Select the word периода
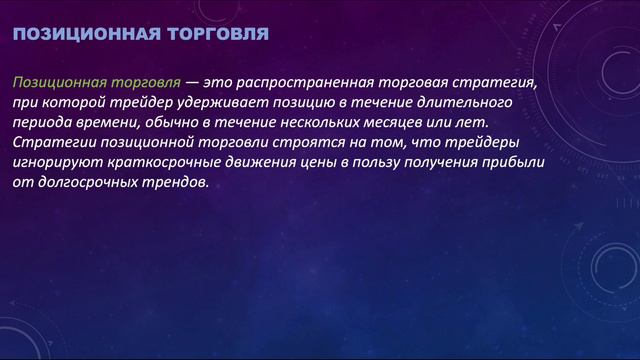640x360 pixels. (x=42, y=123)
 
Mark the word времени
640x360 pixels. (x=109, y=123)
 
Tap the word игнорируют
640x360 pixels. (x=55, y=163)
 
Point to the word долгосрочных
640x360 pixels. (x=82, y=183)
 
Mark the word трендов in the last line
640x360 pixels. (x=176, y=183)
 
